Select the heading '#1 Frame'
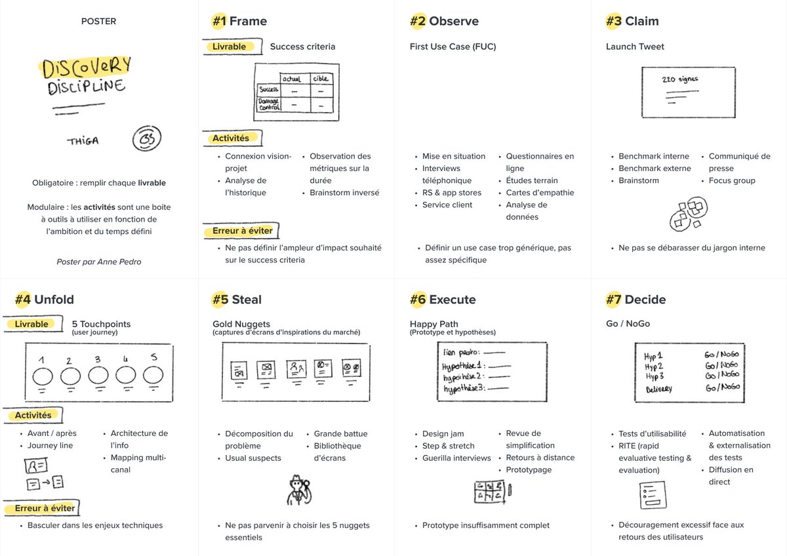pyautogui.click(x=239, y=21)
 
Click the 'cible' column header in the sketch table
pyautogui.click(x=321, y=79)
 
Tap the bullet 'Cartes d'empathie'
pyautogui.click(x=540, y=192)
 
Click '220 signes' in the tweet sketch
pyautogui.click(x=680, y=79)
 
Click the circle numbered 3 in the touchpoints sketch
pyautogui.click(x=98, y=376)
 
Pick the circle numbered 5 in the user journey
pyautogui.click(x=153, y=376)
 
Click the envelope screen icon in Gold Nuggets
pyautogui.click(x=266, y=368)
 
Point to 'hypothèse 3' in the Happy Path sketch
pyautogui.click(x=464, y=389)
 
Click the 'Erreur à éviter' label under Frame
pyautogui.click(x=242, y=231)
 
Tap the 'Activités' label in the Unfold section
pyautogui.click(x=33, y=415)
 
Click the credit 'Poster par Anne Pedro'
pyautogui.click(x=98, y=262)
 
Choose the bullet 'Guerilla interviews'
pyautogui.click(x=456, y=458)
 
